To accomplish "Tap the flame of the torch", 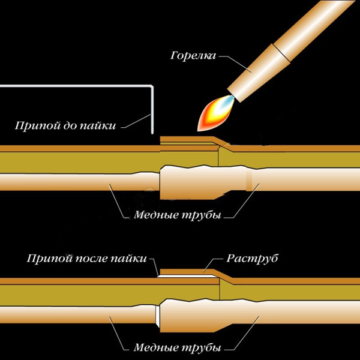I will pyautogui.click(x=212, y=113).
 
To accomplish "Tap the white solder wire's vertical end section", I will pyautogui.click(x=152, y=111).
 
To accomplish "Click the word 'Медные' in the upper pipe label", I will pyautogui.click(x=154, y=214).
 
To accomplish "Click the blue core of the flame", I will pyautogui.click(x=220, y=106).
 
